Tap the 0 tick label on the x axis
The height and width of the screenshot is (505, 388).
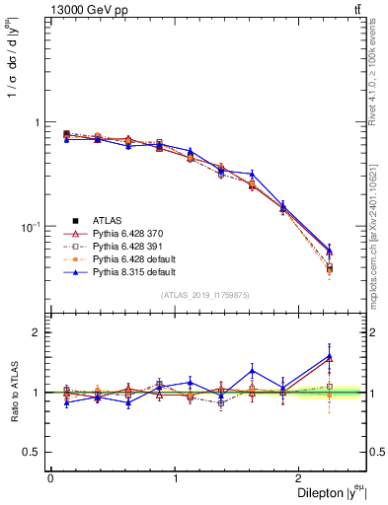50,478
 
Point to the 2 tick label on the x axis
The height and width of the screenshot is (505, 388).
302,478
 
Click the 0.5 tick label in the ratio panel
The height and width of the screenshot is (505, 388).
32,452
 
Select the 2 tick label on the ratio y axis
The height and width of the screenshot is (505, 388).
37,332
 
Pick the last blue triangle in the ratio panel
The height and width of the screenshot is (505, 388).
329,356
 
